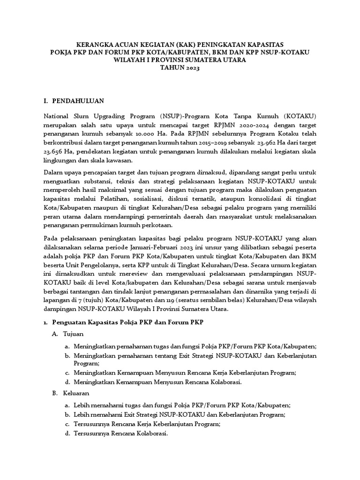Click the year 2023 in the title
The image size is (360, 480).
click(x=190, y=68)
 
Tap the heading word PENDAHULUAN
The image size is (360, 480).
click(x=78, y=101)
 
